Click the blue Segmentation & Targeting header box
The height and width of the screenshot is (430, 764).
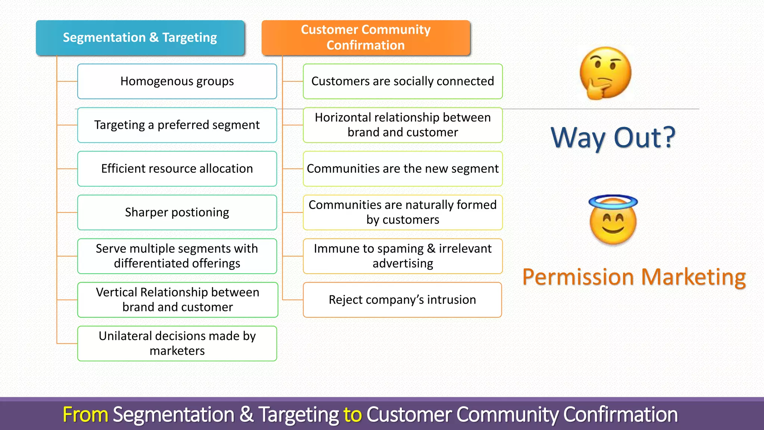pyautogui.click(x=140, y=38)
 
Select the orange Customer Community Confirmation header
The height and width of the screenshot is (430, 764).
pyautogui.click(x=366, y=38)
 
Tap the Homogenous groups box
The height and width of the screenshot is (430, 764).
pyautogui.click(x=177, y=81)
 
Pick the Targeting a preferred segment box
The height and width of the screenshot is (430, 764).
pyautogui.click(x=177, y=125)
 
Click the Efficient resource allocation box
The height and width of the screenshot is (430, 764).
pyautogui.click(x=177, y=169)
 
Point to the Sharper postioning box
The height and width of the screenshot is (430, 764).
pyautogui.click(x=177, y=212)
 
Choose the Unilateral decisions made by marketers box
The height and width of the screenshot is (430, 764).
pyautogui.click(x=177, y=343)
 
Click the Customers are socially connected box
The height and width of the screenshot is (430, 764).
pyautogui.click(x=403, y=81)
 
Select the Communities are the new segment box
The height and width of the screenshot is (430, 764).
pyautogui.click(x=403, y=169)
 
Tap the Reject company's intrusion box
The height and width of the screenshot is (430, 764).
pyautogui.click(x=402, y=300)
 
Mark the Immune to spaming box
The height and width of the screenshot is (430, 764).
pyautogui.click(x=403, y=256)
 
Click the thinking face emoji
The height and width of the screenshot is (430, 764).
pyautogui.click(x=605, y=73)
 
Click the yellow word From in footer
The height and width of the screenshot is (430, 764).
pyautogui.click(x=85, y=415)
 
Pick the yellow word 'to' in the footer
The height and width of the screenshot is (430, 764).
pyautogui.click(x=353, y=415)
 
